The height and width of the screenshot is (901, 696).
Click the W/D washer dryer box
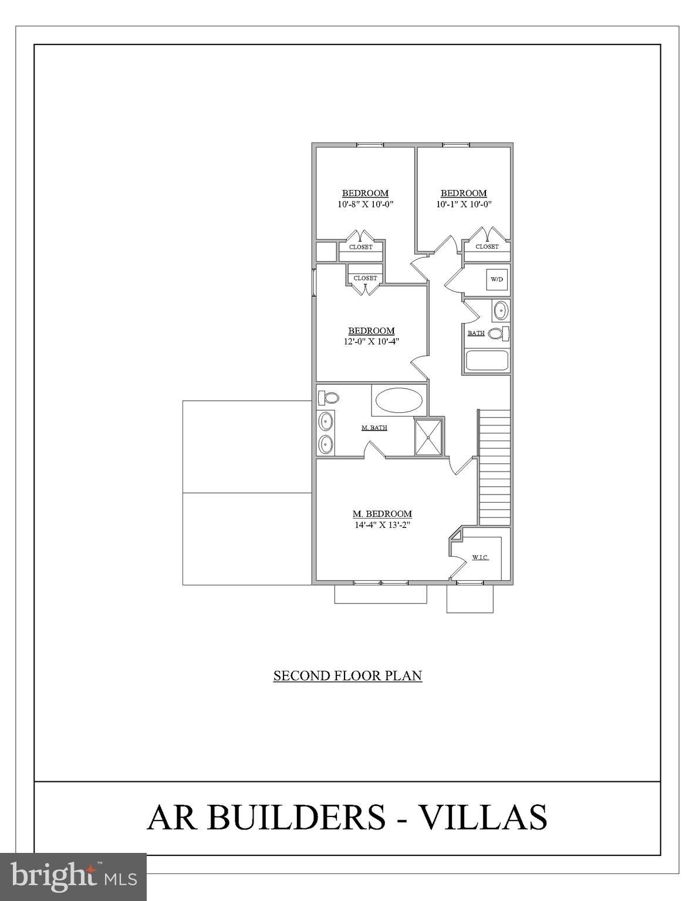496,279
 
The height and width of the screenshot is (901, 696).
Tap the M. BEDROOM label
382,514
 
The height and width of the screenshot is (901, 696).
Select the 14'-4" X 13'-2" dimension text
381,525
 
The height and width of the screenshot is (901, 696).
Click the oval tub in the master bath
398,401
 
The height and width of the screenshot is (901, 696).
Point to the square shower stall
430,436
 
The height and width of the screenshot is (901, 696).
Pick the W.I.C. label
480,557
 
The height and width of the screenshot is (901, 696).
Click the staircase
495,467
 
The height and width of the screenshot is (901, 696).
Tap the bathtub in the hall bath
487,360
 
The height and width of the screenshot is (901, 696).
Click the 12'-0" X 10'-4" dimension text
371,341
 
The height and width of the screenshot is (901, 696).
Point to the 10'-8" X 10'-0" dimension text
365,204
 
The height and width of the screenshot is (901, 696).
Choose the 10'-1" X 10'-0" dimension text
464,204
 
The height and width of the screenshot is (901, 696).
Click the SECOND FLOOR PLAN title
347,676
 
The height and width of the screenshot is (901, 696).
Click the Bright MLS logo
73,876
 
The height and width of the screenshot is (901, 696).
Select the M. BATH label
374,428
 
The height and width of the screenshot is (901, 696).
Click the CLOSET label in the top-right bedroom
487,246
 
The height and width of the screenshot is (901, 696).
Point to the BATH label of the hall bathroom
476,333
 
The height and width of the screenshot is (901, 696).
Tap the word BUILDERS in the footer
296,817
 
